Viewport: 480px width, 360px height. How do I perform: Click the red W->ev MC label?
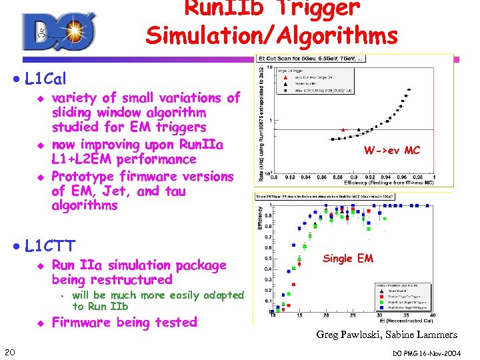[x=391, y=150]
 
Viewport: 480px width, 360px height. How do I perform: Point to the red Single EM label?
[x=348, y=258]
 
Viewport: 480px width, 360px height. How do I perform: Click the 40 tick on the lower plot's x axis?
[x=434, y=315]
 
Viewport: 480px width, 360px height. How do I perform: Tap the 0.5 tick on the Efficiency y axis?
[x=267, y=258]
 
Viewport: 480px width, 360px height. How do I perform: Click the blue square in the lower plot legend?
[x=380, y=307]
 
